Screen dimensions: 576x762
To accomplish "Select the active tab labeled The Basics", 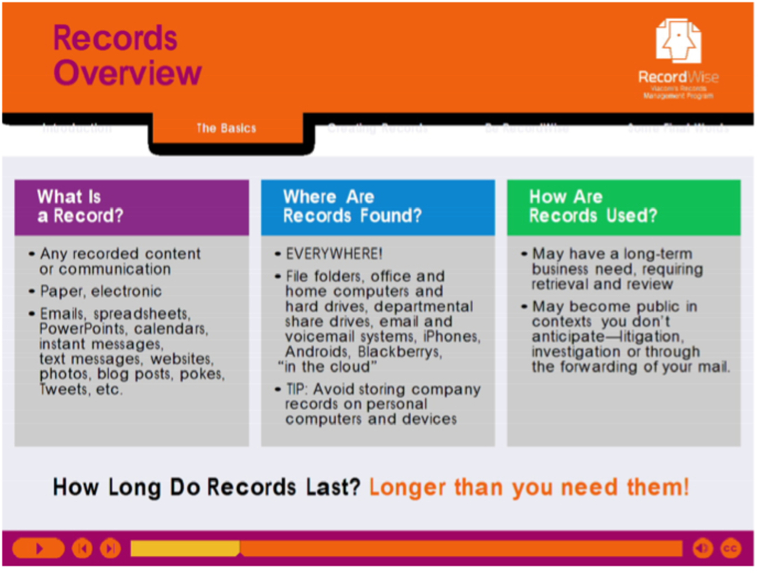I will coord(226,128).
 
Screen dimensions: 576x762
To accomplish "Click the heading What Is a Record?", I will coord(80,206).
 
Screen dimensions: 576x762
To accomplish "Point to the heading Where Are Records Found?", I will coord(352,206).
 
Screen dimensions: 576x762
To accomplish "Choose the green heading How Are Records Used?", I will coord(593,206).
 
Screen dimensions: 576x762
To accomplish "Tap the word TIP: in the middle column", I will coord(300,389).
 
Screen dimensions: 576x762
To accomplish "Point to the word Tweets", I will coord(62,389).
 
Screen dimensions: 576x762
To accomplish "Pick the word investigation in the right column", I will coord(575,352).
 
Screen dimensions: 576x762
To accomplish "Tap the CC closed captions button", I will coord(730,548).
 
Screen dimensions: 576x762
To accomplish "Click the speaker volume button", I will coord(702,548).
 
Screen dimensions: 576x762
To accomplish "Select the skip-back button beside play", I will coord(82,548).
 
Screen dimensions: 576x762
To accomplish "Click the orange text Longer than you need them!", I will coord(529,488).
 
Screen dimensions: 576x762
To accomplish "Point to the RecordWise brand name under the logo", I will coord(678,77).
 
